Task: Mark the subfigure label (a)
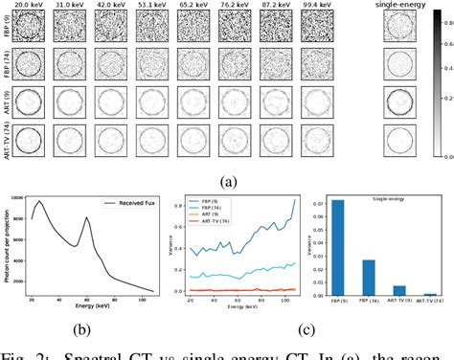coord(227,178)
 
